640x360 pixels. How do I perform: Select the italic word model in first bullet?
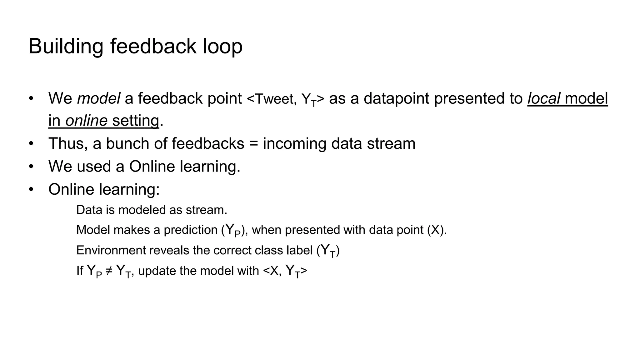coord(98,98)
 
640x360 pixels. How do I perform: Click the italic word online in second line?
coord(86,121)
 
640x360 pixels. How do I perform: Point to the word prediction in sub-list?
coord(190,230)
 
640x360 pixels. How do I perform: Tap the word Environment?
coord(111,251)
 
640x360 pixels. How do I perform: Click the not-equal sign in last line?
coord(109,271)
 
